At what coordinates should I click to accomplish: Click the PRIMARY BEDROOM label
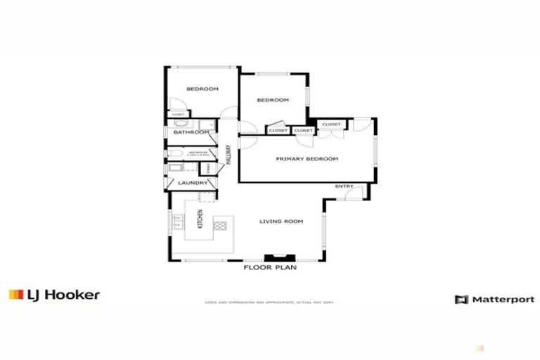tap(307, 159)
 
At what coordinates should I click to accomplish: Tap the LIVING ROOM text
tap(281, 221)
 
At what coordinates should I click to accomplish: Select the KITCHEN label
tap(200, 219)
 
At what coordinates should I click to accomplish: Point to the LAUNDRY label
tap(192, 184)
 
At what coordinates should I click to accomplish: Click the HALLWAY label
tap(229, 154)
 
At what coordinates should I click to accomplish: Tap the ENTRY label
tap(344, 186)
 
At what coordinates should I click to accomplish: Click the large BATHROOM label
tap(191, 132)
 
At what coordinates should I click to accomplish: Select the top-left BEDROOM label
tap(202, 89)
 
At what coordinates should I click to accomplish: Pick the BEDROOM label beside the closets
tap(273, 101)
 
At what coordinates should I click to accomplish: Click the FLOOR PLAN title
tap(270, 268)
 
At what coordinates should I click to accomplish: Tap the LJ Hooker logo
tap(54, 295)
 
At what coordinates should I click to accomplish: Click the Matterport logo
tap(494, 300)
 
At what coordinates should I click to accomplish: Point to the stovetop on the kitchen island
tap(220, 226)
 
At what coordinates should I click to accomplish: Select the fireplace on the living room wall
tap(274, 257)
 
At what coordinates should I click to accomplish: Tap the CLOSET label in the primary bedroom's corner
tap(331, 124)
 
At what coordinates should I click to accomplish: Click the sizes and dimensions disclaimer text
tap(269, 303)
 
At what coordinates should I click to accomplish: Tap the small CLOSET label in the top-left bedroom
tap(177, 114)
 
